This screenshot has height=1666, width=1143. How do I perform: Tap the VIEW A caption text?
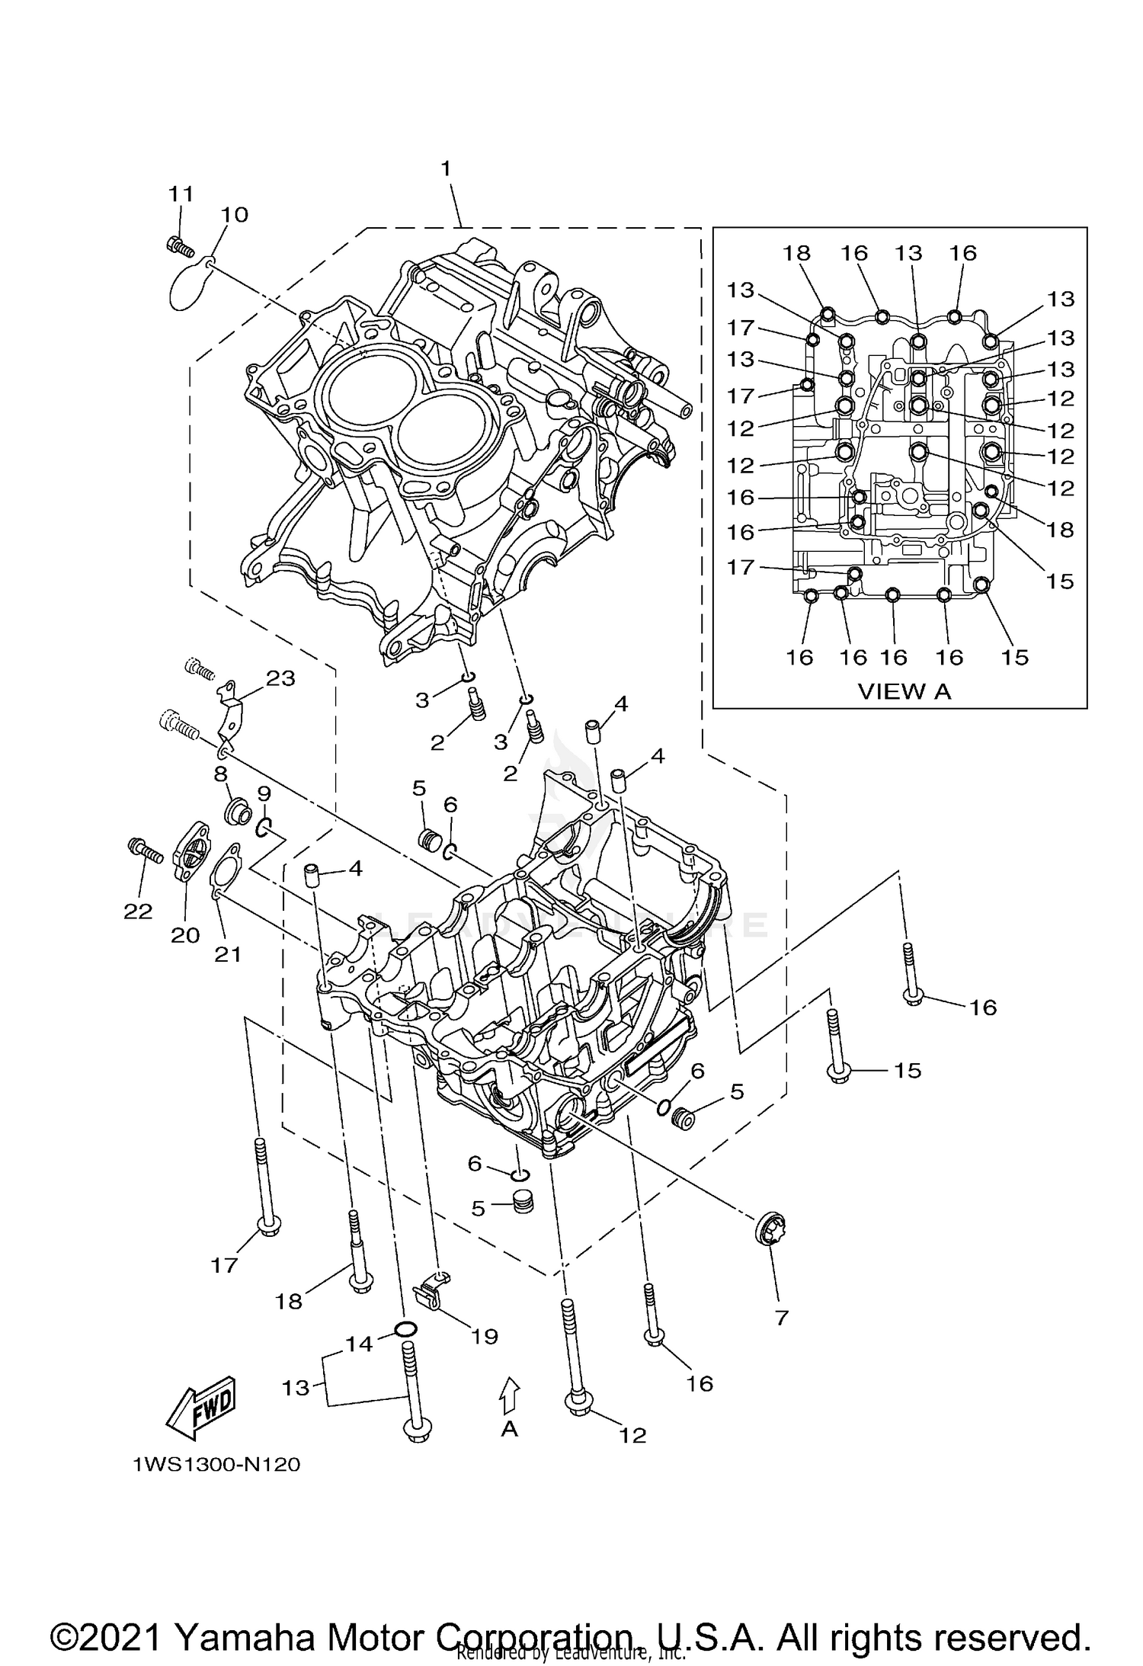904,690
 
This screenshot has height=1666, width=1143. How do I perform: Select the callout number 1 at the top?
447,168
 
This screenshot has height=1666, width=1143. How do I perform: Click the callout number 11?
181,194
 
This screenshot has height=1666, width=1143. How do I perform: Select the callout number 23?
280,678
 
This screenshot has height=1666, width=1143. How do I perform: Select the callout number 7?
781,1317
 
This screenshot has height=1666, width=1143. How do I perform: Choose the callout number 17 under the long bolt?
225,1265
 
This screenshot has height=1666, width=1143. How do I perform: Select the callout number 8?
220,774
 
